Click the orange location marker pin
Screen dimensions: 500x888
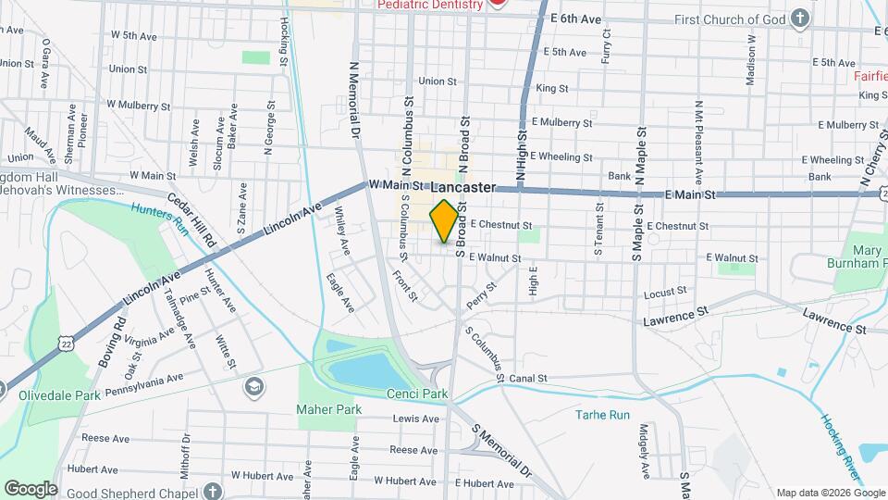coord(444,221)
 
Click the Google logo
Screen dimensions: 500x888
coord(31,488)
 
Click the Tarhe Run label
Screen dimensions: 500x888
coord(601,414)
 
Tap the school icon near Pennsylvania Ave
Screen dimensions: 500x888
coord(251,385)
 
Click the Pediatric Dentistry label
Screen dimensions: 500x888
coord(430,5)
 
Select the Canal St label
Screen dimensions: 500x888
coord(529,379)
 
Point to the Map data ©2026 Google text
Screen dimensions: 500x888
coord(829,492)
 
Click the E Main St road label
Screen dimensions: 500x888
coord(691,195)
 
